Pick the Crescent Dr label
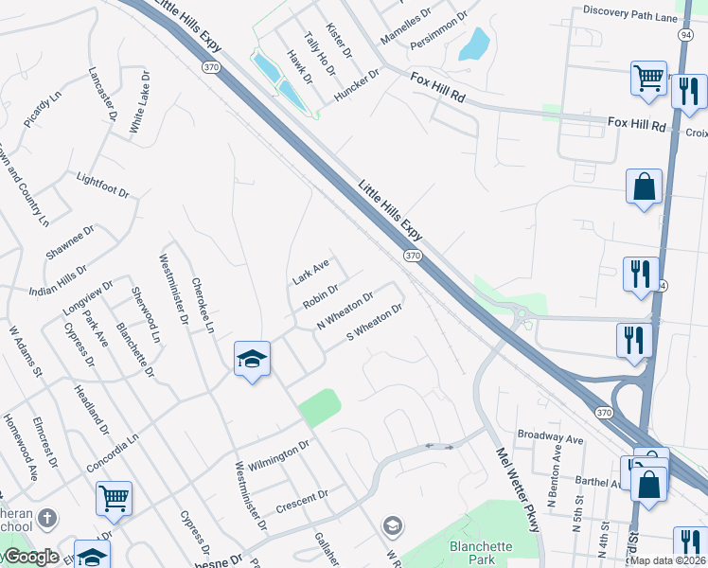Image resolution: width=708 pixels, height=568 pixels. tap(302, 501)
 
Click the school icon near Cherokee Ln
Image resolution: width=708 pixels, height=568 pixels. tap(253, 359)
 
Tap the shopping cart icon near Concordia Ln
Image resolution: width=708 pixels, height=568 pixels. tap(114, 497)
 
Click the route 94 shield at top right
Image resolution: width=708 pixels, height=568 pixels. tap(684, 34)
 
